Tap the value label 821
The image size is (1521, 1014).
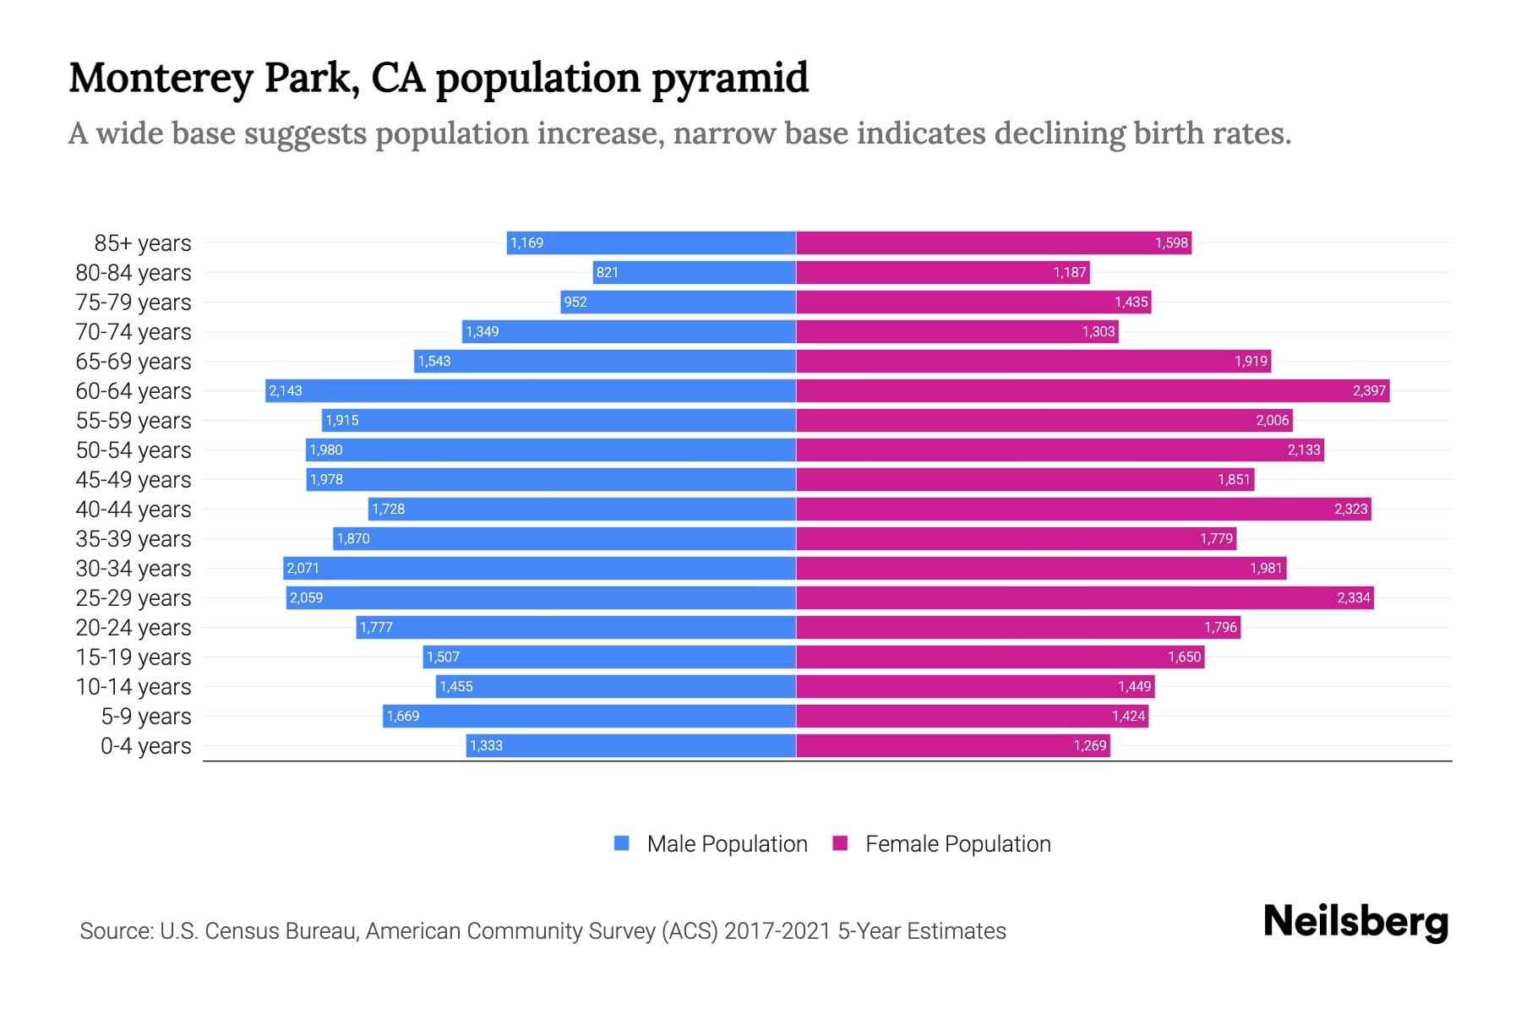(607, 272)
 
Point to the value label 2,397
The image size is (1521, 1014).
(1368, 390)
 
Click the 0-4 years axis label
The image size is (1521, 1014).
(145, 745)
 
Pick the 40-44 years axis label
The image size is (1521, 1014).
(134, 509)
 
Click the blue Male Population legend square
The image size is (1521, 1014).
(622, 843)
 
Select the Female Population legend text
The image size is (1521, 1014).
(957, 843)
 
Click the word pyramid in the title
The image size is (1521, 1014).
(729, 78)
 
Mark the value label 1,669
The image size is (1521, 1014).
(402, 716)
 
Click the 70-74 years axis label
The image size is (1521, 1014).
(134, 331)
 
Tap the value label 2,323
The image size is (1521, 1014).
(1350, 509)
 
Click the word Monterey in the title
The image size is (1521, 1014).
(161, 78)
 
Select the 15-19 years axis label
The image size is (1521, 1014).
(134, 657)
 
